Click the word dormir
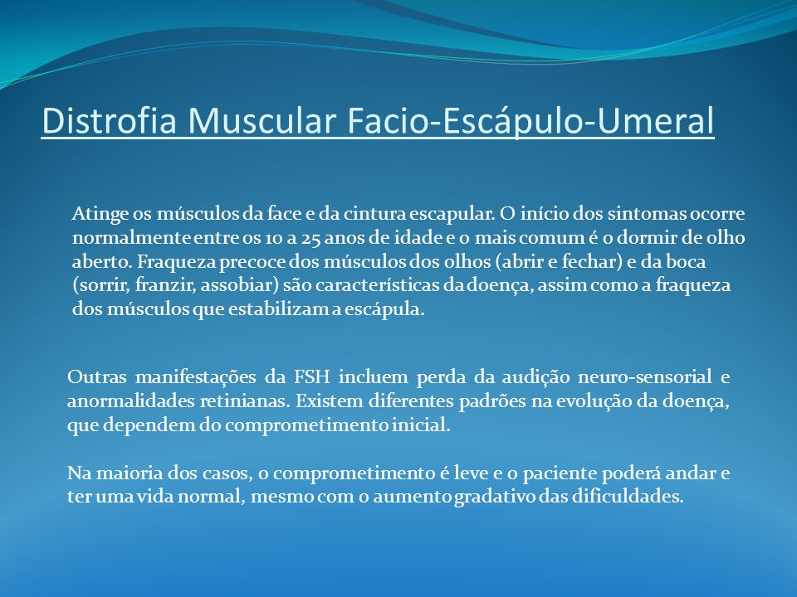click(x=643, y=237)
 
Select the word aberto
click(x=101, y=261)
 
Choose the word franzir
click(x=163, y=285)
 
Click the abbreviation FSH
click(x=311, y=377)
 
